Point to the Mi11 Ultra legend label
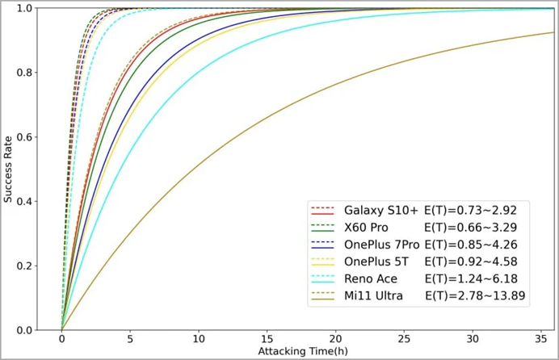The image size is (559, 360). pos(375,296)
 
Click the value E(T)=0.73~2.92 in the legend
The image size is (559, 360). pos(465,210)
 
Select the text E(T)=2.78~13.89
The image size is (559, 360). pos(476,296)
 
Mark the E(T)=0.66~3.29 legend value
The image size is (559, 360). pos(465,228)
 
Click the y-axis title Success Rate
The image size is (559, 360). pos(8,169)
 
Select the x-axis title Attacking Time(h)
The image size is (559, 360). pos(307,352)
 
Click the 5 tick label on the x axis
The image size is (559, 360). pos(130,339)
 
